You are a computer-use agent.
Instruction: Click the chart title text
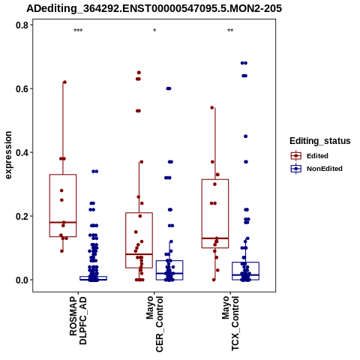pyautogui.click(x=154, y=8)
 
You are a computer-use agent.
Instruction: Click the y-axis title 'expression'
pyautogui.click(x=8, y=155)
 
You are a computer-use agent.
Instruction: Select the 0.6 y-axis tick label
pyautogui.click(x=21, y=88)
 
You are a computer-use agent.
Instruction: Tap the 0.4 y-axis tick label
pyautogui.click(x=21, y=152)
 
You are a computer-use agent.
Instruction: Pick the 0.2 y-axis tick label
pyautogui.click(x=21, y=216)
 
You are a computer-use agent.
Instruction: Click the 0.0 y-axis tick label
pyautogui.click(x=21, y=280)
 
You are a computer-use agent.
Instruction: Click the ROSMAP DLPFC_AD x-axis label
pyautogui.click(x=78, y=320)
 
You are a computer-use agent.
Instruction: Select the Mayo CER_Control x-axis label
pyautogui.click(x=154, y=324)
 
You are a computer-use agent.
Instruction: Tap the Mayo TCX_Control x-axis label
pyautogui.click(x=230, y=323)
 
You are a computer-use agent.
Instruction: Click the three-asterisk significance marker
pyautogui.click(x=78, y=31)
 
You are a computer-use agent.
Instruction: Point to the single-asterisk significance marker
pyautogui.click(x=154, y=31)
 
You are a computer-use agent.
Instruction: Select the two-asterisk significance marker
pyautogui.click(x=230, y=31)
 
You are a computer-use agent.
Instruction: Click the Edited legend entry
pyautogui.click(x=310, y=156)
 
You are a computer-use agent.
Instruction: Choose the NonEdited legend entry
pyautogui.click(x=316, y=169)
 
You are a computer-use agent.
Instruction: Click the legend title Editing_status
pyautogui.click(x=320, y=141)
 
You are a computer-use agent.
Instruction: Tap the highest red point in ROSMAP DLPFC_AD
pyautogui.click(x=64, y=82)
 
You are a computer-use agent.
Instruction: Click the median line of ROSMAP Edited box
pyautogui.click(x=63, y=222)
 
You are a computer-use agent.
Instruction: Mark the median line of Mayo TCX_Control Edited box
pyautogui.click(x=215, y=238)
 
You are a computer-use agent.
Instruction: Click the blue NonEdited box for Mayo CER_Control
pyautogui.click(x=169, y=261)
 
